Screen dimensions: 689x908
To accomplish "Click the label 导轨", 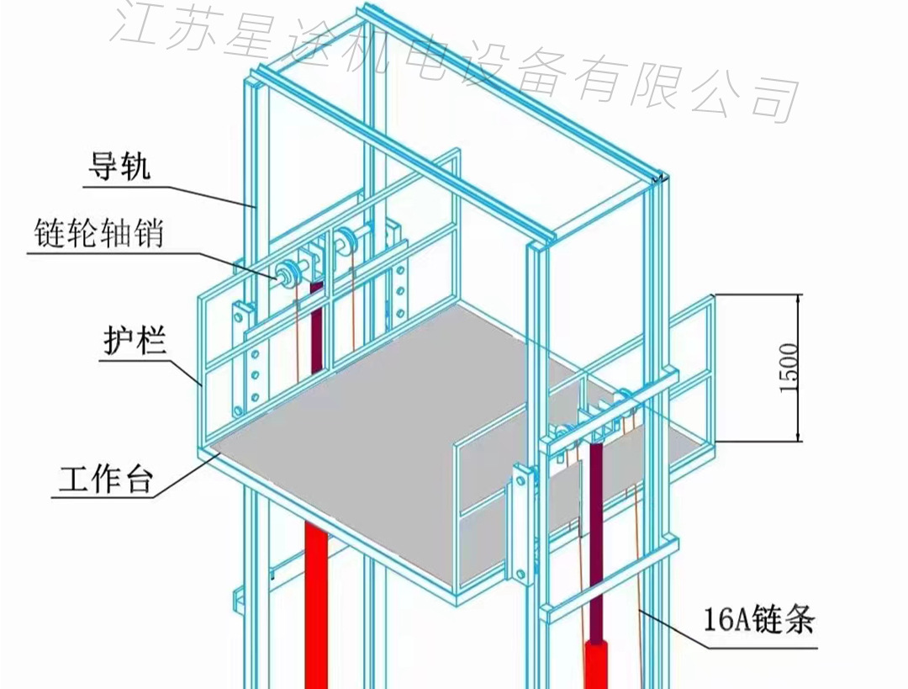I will [119, 167].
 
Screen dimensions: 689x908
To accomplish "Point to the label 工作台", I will [104, 481].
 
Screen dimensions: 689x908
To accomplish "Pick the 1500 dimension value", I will [788, 368].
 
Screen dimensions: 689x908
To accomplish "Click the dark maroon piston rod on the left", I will [317, 328].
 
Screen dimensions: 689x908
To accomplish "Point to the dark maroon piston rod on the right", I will [596, 538].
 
